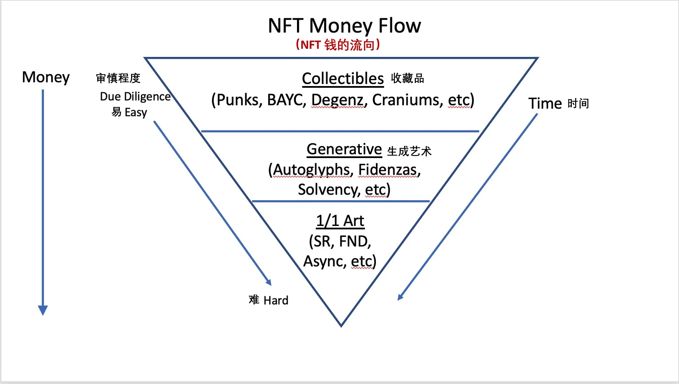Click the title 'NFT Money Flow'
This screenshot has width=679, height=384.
[344, 26]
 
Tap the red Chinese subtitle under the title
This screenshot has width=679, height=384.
[338, 45]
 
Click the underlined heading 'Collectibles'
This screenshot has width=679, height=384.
[343, 79]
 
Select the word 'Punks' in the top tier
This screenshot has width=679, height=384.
[239, 100]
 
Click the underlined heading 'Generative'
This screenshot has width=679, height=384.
[344, 149]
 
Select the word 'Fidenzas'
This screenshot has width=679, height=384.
[389, 170]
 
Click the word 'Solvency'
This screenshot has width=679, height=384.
[329, 189]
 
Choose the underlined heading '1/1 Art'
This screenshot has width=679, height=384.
[340, 221]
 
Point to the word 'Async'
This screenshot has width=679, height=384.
[324, 261]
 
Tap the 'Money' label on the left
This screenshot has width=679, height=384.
[46, 77]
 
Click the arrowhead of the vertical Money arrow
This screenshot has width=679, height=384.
[43, 310]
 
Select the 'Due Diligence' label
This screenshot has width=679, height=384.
[135, 97]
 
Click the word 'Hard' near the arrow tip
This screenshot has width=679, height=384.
[276, 300]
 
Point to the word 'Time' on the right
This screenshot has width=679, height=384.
[545, 103]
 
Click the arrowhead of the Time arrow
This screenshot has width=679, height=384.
[400, 297]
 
